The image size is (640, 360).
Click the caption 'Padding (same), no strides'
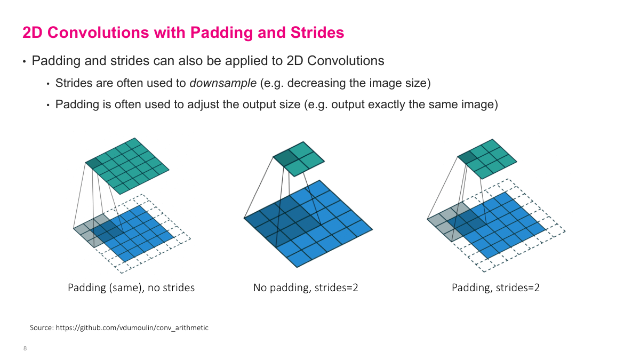[131, 287]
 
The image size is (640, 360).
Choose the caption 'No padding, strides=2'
[306, 287]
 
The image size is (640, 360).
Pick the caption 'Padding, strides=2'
[495, 287]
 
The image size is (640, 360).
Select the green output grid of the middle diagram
[299, 158]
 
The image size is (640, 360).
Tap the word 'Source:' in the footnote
[41, 327]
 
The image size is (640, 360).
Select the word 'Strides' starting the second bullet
[73, 83]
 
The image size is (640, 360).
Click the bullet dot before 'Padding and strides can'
[24, 62]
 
